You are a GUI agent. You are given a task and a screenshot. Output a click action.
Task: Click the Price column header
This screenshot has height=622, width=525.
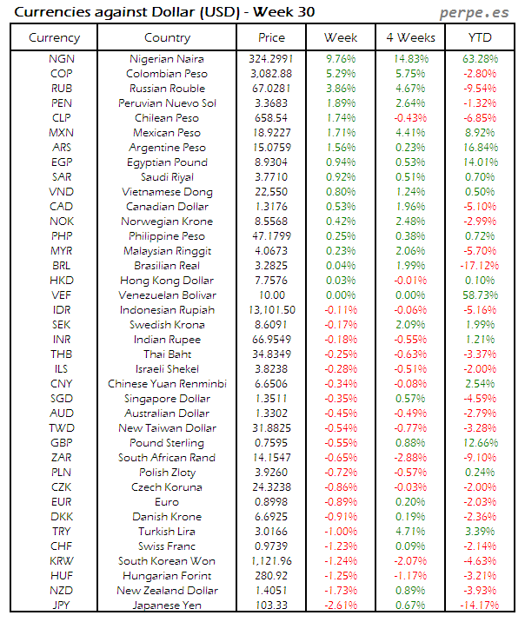click(272, 37)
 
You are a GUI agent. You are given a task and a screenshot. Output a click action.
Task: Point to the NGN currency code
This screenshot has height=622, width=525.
click(62, 58)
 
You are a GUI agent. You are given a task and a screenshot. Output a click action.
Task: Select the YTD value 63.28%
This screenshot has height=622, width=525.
click(481, 58)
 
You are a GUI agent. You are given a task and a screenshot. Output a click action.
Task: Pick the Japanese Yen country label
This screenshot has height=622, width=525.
click(167, 605)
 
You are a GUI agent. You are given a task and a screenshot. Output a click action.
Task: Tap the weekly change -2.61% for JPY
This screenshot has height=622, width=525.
click(340, 605)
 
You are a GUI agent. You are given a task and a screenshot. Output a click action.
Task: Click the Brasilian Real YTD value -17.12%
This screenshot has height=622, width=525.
click(479, 265)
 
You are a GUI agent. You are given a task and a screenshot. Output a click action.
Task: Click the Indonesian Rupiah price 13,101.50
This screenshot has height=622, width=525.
click(272, 309)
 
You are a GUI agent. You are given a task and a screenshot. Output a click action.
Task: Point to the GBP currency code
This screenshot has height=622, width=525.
click(62, 442)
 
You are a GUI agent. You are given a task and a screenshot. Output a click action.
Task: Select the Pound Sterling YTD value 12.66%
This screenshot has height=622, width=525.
click(481, 442)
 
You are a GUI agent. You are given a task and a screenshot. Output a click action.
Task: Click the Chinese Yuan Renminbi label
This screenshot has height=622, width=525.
click(167, 383)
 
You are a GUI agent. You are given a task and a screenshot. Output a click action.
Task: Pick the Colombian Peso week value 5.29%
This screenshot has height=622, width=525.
click(340, 73)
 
